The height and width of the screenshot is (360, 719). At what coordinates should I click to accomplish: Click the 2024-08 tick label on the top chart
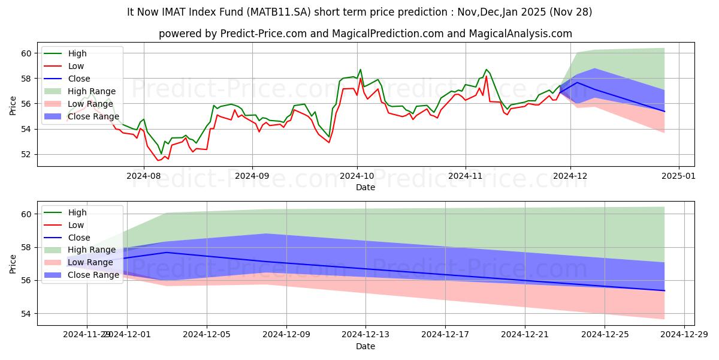coord(144,176)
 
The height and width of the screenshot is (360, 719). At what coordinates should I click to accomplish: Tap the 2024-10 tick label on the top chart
coord(357,176)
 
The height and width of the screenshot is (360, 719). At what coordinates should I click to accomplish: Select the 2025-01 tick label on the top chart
coord(678,176)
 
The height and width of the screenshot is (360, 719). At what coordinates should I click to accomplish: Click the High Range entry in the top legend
coord(92,91)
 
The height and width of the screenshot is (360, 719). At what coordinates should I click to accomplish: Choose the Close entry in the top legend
coord(79,79)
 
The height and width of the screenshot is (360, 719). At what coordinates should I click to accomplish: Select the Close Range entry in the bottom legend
coord(93,275)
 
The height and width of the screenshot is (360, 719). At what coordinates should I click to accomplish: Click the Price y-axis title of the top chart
coord(13,104)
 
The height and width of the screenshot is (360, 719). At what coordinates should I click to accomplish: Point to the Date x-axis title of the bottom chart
coord(365,346)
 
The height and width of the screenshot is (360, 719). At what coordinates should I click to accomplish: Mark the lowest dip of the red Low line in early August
coord(158,160)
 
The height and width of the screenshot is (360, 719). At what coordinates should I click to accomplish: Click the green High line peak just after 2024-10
coord(360,70)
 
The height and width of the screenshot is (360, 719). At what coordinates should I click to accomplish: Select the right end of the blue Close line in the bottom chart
coord(664,290)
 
